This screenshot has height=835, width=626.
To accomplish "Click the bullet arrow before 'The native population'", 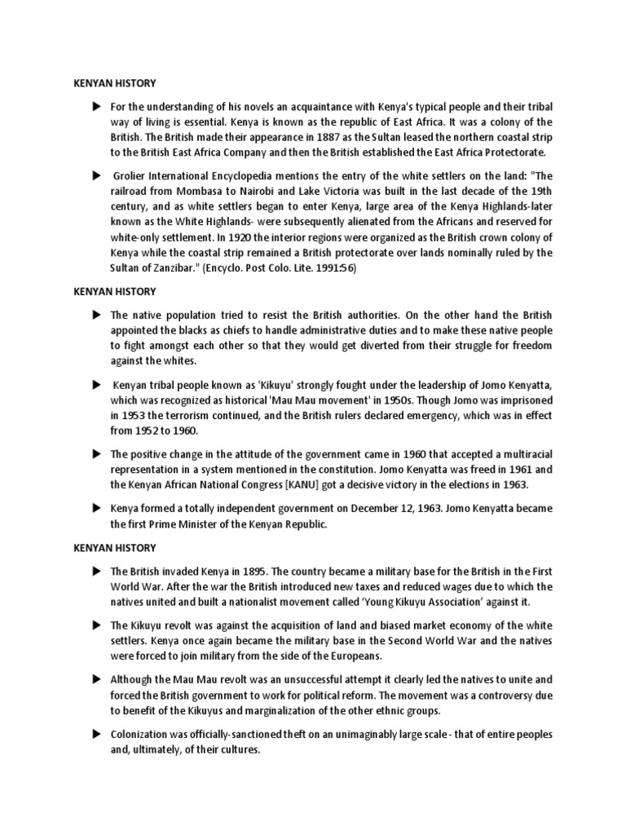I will (96, 314).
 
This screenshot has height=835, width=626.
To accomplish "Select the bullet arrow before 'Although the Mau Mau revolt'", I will (96, 679).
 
